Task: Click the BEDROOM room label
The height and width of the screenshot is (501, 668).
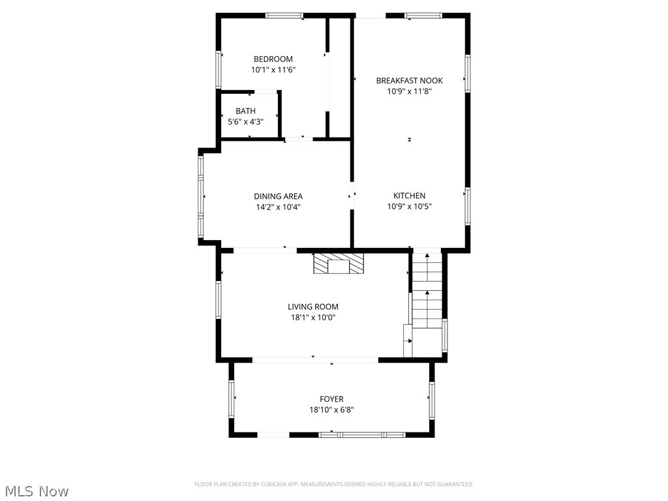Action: click(273, 59)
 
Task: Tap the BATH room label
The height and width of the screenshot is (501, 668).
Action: click(246, 111)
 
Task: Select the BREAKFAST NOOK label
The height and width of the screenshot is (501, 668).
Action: click(409, 81)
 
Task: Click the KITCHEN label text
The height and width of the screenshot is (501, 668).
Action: click(409, 196)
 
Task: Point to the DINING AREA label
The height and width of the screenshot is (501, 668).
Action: click(278, 196)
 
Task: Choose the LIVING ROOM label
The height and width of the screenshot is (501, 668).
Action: click(313, 307)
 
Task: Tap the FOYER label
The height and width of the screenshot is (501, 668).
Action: click(331, 399)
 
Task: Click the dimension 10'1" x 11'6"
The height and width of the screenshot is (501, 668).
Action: click(273, 70)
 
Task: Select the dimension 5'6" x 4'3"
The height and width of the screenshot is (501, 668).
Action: click(246, 121)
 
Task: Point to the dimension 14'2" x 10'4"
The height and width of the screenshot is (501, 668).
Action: click(278, 207)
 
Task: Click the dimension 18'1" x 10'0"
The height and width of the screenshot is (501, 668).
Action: click(313, 318)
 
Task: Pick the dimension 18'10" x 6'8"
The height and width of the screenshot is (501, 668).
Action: click(331, 410)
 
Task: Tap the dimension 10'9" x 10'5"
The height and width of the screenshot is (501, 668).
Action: click(409, 207)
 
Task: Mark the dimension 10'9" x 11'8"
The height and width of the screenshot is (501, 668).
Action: click(409, 92)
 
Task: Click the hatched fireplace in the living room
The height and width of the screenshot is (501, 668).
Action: click(338, 264)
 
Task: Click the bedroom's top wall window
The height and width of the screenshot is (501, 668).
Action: click(284, 16)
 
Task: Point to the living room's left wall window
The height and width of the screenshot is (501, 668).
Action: click(219, 299)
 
